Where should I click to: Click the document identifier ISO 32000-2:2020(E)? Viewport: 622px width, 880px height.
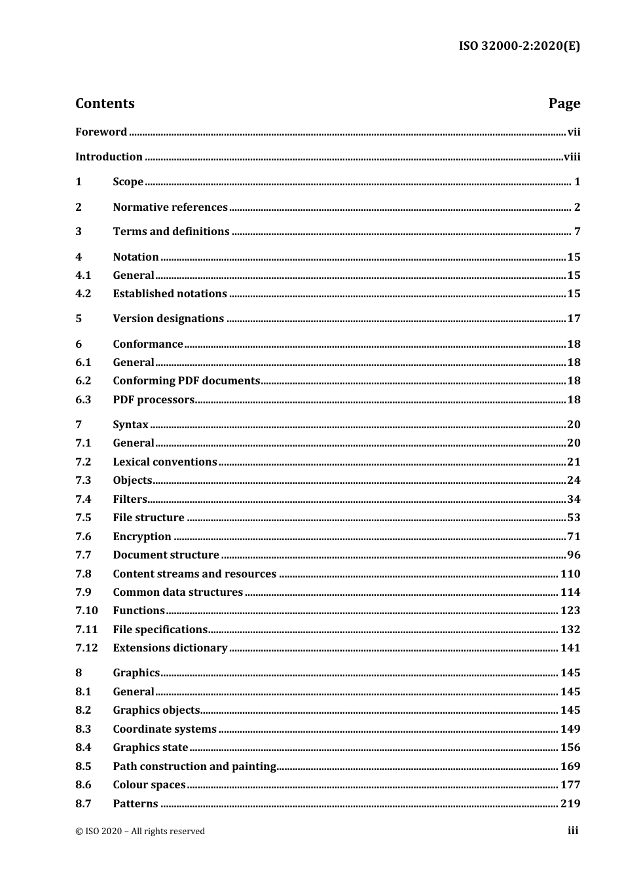tap(519, 46)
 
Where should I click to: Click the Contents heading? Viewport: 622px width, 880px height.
tap(105, 103)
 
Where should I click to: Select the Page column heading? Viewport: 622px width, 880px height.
tap(564, 103)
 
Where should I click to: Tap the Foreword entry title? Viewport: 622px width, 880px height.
tap(101, 132)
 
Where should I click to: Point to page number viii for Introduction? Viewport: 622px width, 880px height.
tap(572, 157)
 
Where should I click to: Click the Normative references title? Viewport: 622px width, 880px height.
tap(170, 208)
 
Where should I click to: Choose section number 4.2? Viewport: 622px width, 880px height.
tap(83, 294)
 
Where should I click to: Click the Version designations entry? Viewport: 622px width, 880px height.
tap(168, 319)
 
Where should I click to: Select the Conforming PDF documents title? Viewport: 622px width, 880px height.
tap(186, 381)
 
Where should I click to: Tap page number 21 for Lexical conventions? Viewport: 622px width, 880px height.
tap(574, 462)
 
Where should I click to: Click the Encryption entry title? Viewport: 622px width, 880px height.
tap(142, 537)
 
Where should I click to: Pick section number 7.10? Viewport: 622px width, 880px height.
tap(86, 611)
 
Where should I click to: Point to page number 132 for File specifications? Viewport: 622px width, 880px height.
tap(570, 630)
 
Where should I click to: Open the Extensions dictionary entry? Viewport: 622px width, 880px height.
tap(170, 648)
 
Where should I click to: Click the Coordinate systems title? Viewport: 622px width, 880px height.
tap(164, 729)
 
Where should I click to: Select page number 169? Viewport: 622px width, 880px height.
tap(570, 767)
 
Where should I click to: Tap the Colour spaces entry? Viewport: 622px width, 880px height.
tap(149, 785)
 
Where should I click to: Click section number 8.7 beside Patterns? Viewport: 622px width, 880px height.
tap(83, 804)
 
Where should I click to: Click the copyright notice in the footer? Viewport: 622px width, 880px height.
tap(140, 832)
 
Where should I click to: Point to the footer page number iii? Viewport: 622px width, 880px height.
tap(573, 831)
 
